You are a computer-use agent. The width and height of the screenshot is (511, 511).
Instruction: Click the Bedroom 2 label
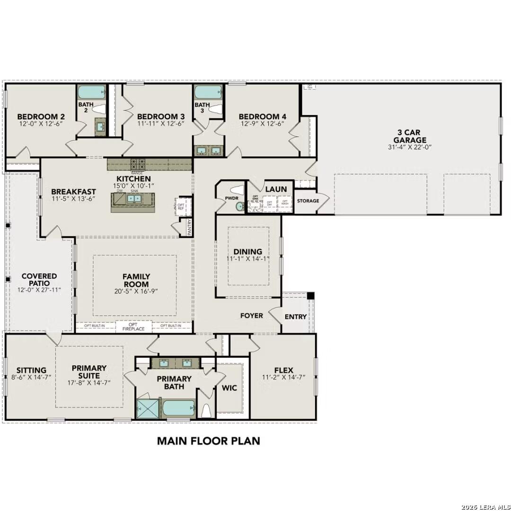[x=41, y=116]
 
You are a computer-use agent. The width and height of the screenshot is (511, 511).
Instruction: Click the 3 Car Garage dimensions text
[x=409, y=147]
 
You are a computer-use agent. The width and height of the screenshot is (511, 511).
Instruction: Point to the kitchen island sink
[x=133, y=199]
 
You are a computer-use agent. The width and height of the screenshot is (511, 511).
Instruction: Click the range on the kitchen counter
[x=138, y=164]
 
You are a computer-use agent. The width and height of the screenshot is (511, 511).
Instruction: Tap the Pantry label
[x=189, y=226]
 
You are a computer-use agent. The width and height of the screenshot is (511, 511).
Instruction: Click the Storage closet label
[x=308, y=201]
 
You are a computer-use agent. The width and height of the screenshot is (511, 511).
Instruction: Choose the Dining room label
[x=248, y=252]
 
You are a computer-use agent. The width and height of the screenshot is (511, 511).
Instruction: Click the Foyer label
[x=251, y=316]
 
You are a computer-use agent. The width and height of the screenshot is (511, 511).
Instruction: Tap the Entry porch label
[x=295, y=317]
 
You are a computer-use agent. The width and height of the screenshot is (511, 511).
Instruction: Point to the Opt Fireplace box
[x=133, y=326]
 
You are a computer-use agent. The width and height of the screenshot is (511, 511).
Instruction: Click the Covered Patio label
[x=39, y=280]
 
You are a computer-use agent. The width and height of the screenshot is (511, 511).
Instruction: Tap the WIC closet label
[x=229, y=388]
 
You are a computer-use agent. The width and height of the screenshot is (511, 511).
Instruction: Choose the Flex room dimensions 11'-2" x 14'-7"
[x=283, y=378]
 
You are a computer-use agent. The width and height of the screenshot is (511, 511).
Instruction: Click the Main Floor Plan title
[x=208, y=441]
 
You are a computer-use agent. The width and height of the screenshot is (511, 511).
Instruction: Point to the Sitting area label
[x=31, y=370]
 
